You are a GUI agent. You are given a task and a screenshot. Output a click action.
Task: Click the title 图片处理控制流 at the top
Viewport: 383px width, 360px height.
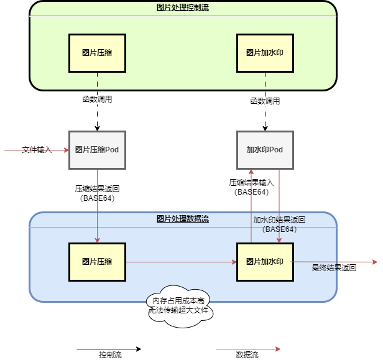click(x=182, y=7)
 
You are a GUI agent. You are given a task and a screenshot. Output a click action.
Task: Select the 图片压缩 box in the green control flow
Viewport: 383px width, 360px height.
click(x=97, y=53)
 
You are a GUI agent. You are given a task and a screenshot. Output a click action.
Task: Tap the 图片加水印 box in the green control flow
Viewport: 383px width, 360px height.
click(x=265, y=53)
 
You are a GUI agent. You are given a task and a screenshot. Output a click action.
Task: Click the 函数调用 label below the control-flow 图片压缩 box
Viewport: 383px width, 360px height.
click(x=97, y=99)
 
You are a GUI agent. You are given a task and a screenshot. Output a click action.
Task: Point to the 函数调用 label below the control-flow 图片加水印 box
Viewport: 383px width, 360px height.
click(x=265, y=101)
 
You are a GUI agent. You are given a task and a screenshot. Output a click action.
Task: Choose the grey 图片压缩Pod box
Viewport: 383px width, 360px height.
click(x=97, y=150)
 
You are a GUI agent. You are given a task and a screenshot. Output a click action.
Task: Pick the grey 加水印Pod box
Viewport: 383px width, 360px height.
click(x=265, y=150)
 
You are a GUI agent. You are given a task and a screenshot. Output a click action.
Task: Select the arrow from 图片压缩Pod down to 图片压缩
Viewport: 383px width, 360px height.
click(x=98, y=205)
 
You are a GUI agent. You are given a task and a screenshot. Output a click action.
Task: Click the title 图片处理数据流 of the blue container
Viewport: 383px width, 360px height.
click(x=182, y=219)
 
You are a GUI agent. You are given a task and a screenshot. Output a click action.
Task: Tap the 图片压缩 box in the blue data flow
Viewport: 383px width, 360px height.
click(x=97, y=262)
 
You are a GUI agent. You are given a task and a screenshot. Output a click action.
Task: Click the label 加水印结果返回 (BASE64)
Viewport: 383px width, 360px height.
click(x=279, y=224)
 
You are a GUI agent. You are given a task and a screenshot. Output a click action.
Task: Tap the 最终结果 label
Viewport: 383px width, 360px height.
click(x=325, y=268)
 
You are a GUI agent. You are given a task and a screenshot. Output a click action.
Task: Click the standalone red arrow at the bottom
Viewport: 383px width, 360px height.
click(x=248, y=349)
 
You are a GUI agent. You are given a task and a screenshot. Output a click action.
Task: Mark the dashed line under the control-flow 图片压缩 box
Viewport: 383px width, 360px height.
click(x=98, y=81)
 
